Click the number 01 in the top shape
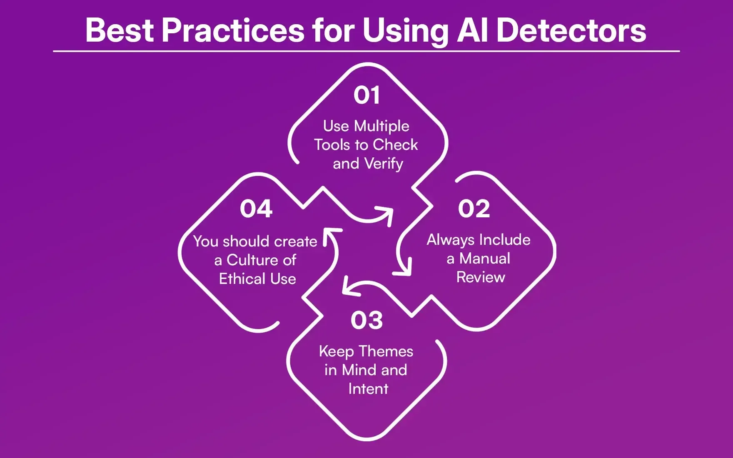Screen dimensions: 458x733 (366, 95)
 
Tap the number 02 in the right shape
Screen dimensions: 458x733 (474, 209)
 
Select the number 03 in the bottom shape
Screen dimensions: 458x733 (366, 320)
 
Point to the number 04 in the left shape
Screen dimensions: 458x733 (256, 209)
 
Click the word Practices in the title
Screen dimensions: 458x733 (233, 30)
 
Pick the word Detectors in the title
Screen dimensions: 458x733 (571, 30)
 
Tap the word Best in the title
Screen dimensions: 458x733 (120, 30)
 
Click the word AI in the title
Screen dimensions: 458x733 (472, 30)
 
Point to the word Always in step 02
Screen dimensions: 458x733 (451, 240)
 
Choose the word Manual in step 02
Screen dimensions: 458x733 (485, 259)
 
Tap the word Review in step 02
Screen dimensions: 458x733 (481, 277)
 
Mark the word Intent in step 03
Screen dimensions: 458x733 (368, 389)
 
